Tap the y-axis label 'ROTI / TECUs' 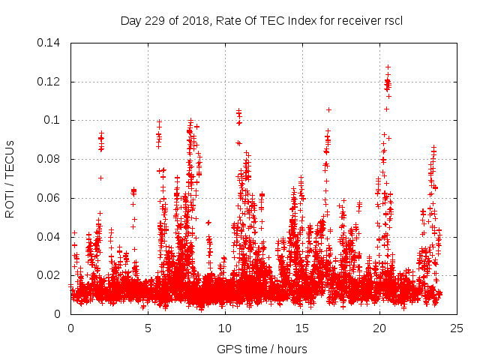click(x=10, y=178)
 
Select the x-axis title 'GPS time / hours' click(x=262, y=349)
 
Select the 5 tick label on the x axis click(x=148, y=328)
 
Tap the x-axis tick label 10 click(x=225, y=328)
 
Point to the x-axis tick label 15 click(x=302, y=328)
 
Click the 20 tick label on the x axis click(x=379, y=328)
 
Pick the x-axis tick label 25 click(x=457, y=328)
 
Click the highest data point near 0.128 click(x=388, y=67)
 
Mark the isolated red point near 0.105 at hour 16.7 click(x=328, y=109)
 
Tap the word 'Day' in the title click(x=130, y=20)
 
